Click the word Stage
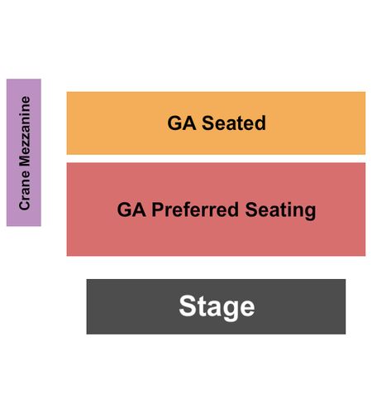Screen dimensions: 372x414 [x=217, y=306]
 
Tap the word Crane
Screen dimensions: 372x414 [x=24, y=190]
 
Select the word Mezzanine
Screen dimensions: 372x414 [x=24, y=132]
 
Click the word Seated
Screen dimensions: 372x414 [x=234, y=123]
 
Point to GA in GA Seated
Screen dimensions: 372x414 [x=182, y=123]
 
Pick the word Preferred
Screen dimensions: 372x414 [x=195, y=209]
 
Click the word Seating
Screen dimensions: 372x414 [x=280, y=210]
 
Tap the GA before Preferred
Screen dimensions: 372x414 [x=131, y=209]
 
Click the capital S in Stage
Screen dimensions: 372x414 [x=188, y=306]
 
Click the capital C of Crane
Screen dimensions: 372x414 [x=24, y=205]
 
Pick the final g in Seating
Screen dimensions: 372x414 [x=311, y=213]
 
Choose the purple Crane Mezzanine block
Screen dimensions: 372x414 [x=24, y=152]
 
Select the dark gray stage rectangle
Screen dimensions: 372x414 [x=216, y=306]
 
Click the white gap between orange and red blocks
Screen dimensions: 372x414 [x=216, y=159]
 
